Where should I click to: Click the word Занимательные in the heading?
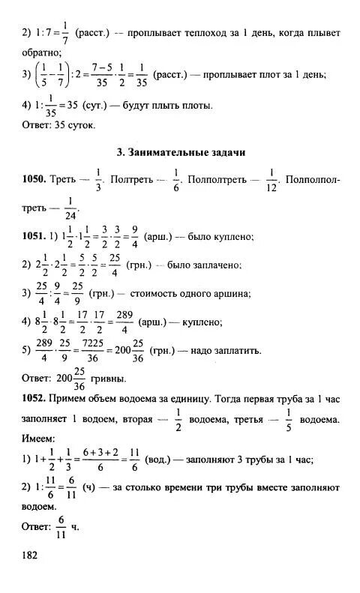click(166, 152)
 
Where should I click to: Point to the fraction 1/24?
click(71, 208)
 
